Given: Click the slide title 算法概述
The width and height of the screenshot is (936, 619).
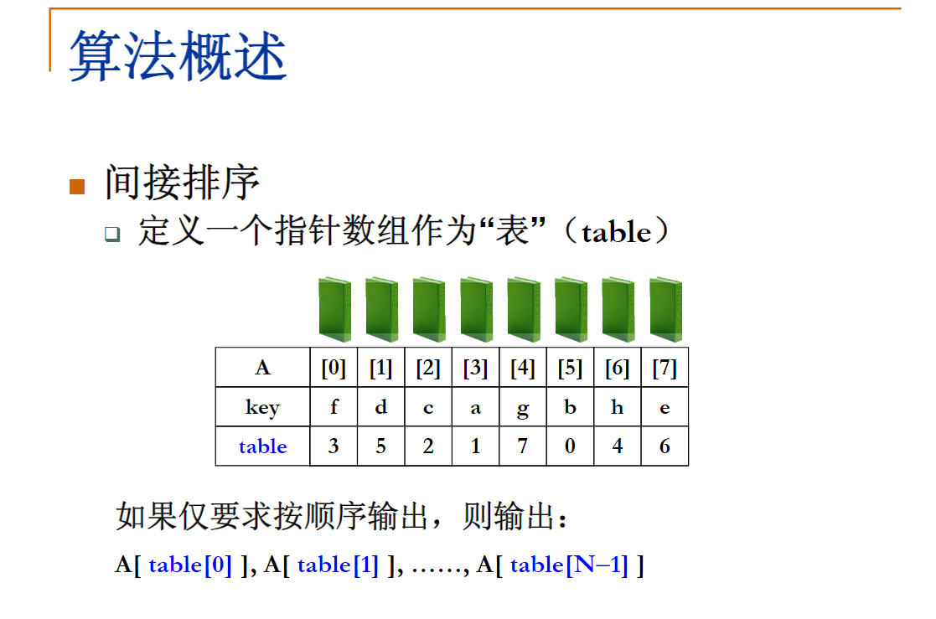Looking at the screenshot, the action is [x=178, y=57].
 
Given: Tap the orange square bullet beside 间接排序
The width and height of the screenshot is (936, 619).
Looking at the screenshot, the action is [x=77, y=186].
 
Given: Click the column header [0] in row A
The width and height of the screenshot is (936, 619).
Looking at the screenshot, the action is [x=334, y=369].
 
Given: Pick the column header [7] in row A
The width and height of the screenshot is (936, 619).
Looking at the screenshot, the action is [x=665, y=369].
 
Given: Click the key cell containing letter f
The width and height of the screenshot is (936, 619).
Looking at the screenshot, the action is [x=334, y=407].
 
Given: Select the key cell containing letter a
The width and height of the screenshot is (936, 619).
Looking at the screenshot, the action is [x=475, y=407].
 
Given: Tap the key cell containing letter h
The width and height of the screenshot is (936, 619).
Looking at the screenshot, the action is [x=618, y=407].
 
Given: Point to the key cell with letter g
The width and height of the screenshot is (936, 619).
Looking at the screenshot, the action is [x=523, y=407].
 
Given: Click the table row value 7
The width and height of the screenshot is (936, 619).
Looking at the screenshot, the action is [x=523, y=446].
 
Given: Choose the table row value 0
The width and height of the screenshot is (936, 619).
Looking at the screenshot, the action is [x=570, y=446].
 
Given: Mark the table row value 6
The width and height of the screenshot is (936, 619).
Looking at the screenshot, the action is [x=665, y=446].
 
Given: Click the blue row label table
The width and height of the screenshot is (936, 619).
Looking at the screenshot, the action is [x=262, y=446].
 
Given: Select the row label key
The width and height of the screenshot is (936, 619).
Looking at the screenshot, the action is [x=262, y=407].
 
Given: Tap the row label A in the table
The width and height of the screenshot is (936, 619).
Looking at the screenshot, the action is [x=262, y=369].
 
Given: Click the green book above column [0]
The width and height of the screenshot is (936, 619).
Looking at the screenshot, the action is [x=334, y=309].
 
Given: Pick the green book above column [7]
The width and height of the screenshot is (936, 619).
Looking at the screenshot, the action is [x=665, y=309].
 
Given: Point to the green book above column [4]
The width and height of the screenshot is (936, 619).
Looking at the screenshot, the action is [x=524, y=309].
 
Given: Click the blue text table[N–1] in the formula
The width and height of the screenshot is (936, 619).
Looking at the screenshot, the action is [x=569, y=565].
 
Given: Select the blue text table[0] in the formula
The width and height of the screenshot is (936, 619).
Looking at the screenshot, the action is [x=190, y=565].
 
